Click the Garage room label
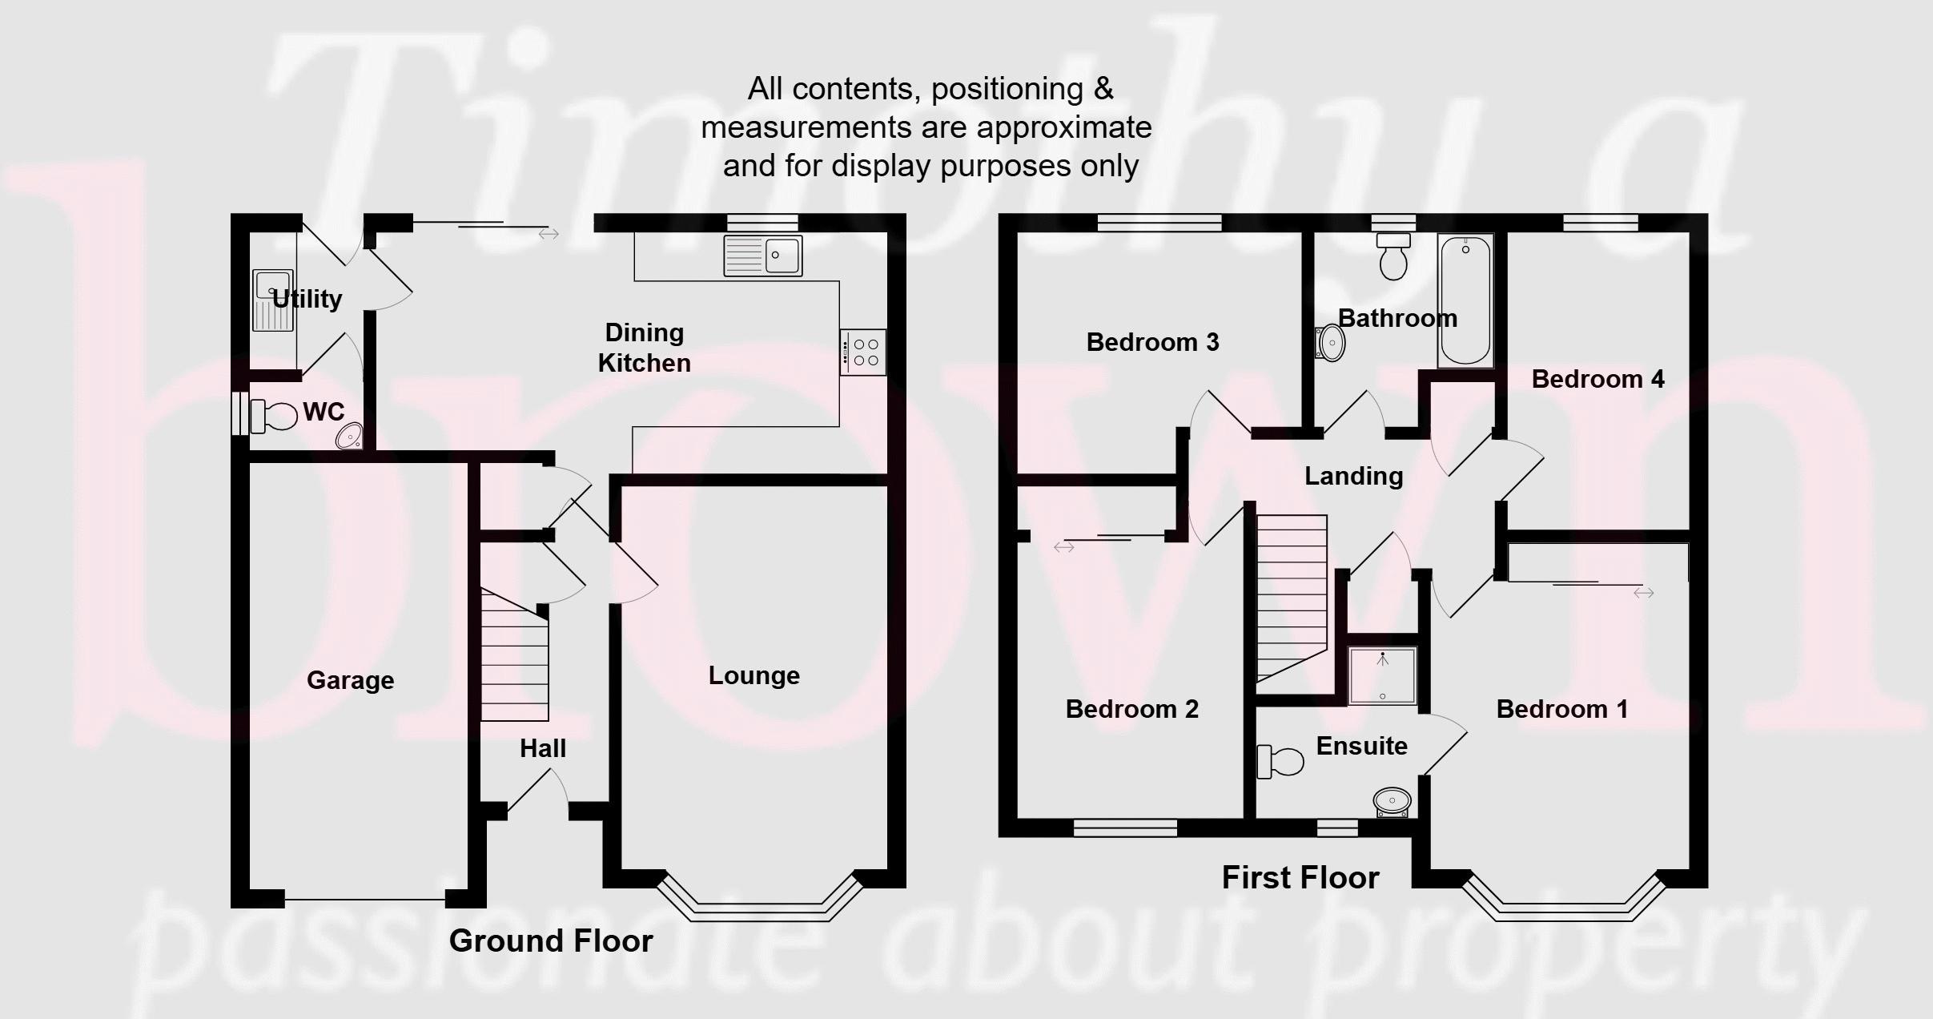[350, 681]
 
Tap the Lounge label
[754, 675]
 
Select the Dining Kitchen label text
[645, 348]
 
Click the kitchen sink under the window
[762, 256]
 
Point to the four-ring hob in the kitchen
[863, 352]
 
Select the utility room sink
[272, 300]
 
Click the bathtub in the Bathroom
[1465, 301]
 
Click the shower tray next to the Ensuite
[1383, 675]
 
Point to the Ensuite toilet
[1280, 761]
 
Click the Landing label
[1354, 476]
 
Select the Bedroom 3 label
[1153, 342]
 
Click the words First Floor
[1300, 878]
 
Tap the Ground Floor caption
[551, 940]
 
